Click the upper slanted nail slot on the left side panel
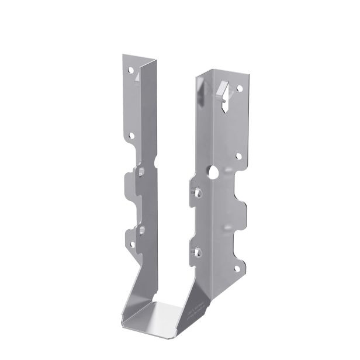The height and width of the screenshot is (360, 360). [141, 171]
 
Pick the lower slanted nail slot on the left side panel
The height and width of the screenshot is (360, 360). [140, 228]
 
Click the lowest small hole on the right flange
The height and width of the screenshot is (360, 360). [237, 269]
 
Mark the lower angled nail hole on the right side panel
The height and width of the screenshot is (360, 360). [198, 252]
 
